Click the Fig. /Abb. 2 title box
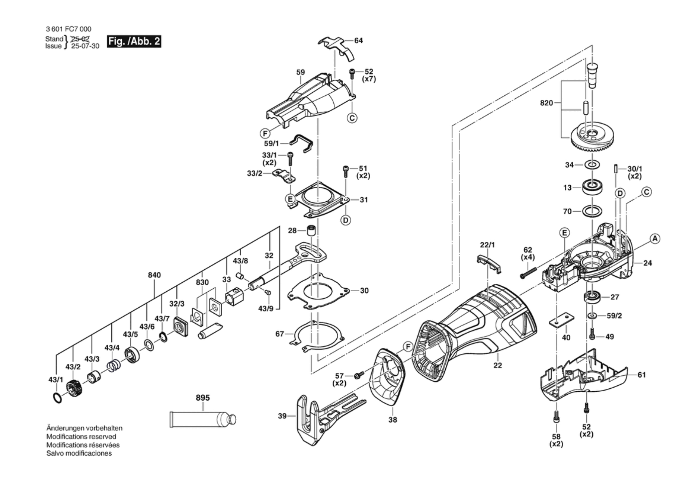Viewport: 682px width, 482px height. tap(134, 42)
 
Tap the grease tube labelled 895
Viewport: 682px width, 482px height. tap(202, 419)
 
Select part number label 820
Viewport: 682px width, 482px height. tap(546, 103)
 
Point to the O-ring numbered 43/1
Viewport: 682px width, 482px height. tap(57, 398)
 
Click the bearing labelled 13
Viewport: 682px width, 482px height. tap(593, 188)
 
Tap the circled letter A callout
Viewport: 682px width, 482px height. tap(655, 239)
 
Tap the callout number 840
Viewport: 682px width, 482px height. tap(154, 275)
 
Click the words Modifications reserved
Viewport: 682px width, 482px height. tap(81, 436)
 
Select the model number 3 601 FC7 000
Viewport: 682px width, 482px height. tap(68, 29)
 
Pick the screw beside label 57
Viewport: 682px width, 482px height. tap(359, 375)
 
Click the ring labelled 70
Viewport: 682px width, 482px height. tap(592, 211)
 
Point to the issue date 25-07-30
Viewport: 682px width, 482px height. tap(85, 46)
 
